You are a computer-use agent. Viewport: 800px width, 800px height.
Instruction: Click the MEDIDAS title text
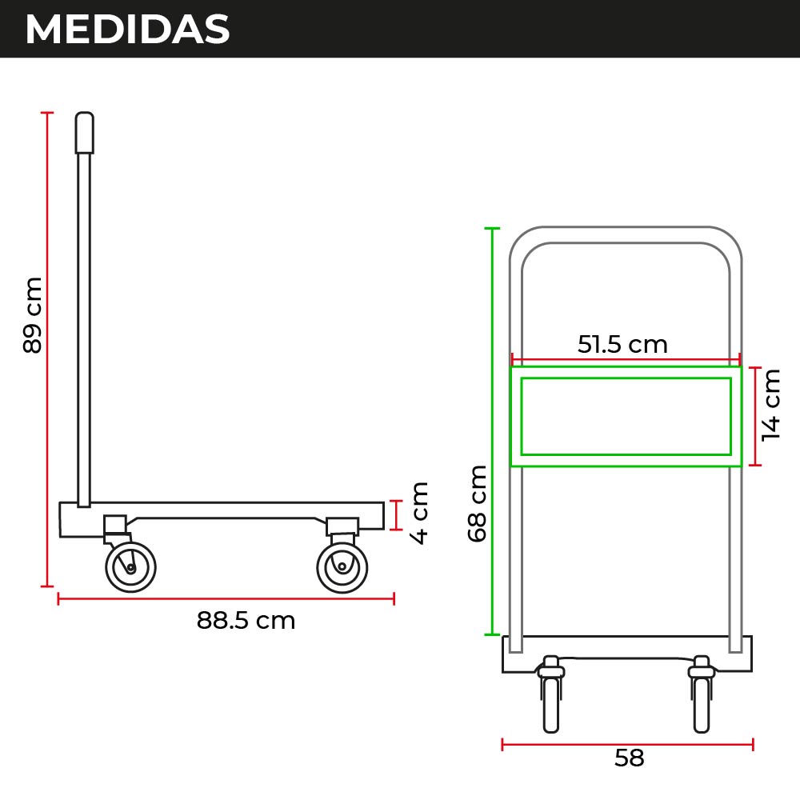coord(127,29)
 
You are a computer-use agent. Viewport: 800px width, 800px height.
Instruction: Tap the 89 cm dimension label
coord(32,314)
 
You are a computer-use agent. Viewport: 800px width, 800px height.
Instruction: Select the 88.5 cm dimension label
coord(246,621)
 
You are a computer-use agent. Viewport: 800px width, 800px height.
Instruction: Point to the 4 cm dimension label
coord(419,513)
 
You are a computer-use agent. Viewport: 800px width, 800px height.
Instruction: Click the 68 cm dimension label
coord(477,503)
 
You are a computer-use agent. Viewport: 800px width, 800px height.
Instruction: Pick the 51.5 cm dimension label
coord(622,344)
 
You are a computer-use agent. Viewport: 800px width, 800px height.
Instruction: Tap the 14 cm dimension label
coord(770,405)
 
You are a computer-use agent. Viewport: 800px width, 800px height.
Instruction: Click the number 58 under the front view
coord(629,758)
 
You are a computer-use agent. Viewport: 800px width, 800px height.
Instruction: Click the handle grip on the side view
coord(85,133)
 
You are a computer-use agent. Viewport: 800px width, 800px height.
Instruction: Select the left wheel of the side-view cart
coord(130,567)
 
